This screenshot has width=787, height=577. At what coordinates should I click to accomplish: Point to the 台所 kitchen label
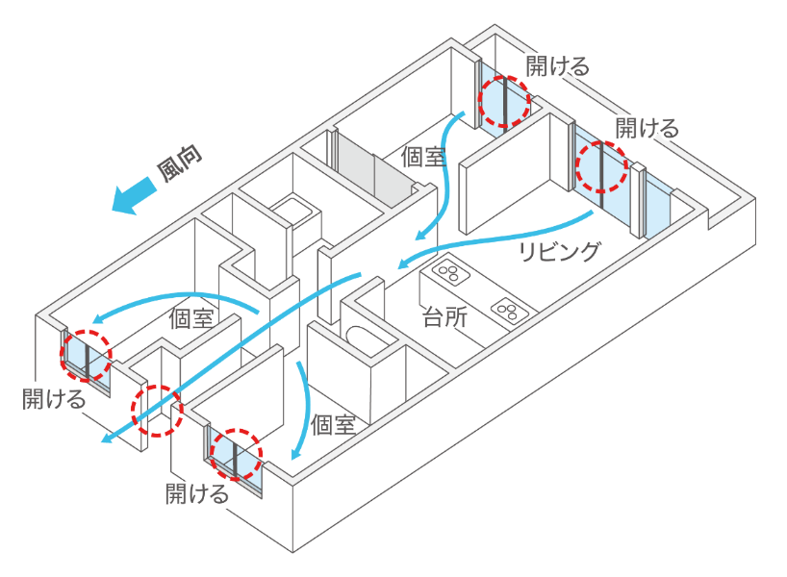click(x=444, y=316)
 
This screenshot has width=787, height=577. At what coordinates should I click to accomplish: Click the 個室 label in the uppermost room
click(x=424, y=157)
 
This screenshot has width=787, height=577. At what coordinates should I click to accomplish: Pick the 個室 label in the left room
click(x=190, y=318)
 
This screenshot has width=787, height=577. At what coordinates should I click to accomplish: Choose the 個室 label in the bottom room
click(x=334, y=424)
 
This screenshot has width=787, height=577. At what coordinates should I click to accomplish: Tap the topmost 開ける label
click(x=558, y=65)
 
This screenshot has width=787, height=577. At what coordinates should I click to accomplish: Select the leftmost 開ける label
click(x=54, y=398)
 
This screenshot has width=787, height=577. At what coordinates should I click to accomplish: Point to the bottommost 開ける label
click(x=197, y=494)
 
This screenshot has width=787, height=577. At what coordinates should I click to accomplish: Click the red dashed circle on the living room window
click(x=601, y=167)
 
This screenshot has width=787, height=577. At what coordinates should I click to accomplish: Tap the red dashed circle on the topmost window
click(x=504, y=102)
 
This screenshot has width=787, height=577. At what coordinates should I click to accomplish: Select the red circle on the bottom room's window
click(x=236, y=455)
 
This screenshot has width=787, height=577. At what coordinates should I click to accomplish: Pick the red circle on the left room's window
click(x=87, y=356)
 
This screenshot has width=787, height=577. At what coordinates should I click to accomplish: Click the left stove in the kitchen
click(x=448, y=273)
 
